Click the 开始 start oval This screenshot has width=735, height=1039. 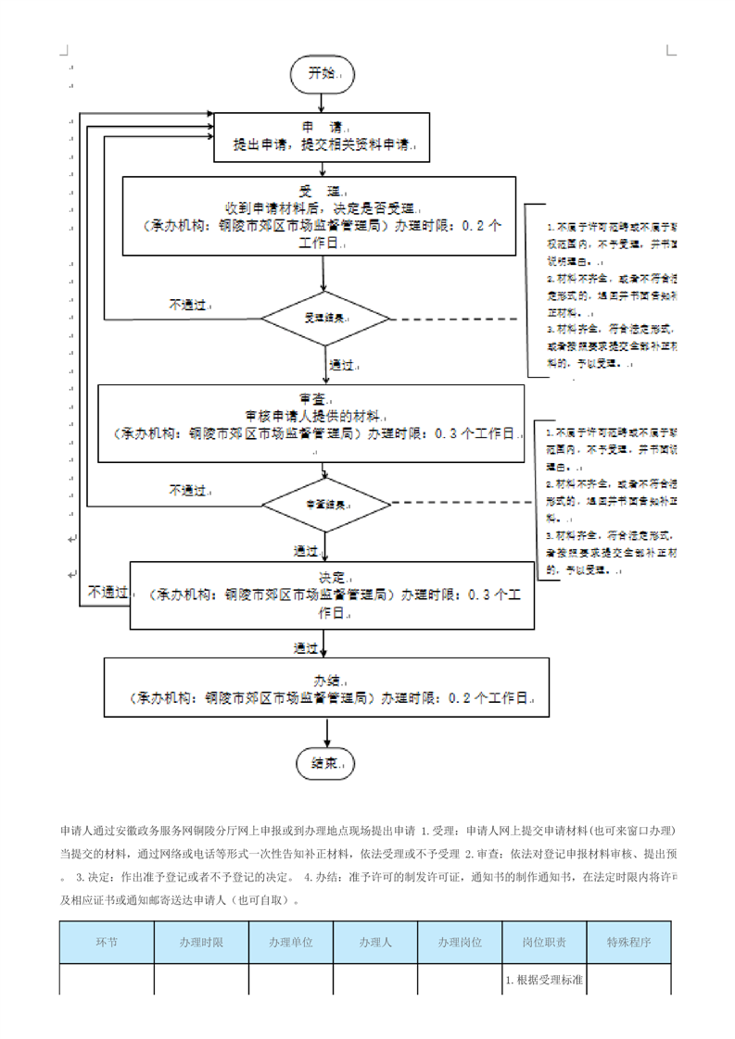(322, 73)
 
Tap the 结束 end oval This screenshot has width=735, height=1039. (324, 763)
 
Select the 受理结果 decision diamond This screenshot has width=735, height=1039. (325, 318)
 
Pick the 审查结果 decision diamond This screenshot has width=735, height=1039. (326, 505)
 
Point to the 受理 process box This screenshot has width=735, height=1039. (321, 216)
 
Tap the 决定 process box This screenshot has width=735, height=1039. (326, 594)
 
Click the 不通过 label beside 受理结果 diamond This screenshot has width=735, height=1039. (190, 304)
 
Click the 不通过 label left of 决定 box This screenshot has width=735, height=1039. (108, 591)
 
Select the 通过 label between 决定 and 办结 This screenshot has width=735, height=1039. (307, 646)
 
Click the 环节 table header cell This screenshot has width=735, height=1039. (107, 943)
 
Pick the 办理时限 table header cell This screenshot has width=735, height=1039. (201, 943)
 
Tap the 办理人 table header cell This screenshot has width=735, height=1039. (375, 943)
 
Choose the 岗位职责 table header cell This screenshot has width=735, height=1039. (543, 943)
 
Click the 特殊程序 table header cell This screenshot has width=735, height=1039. (628, 943)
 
